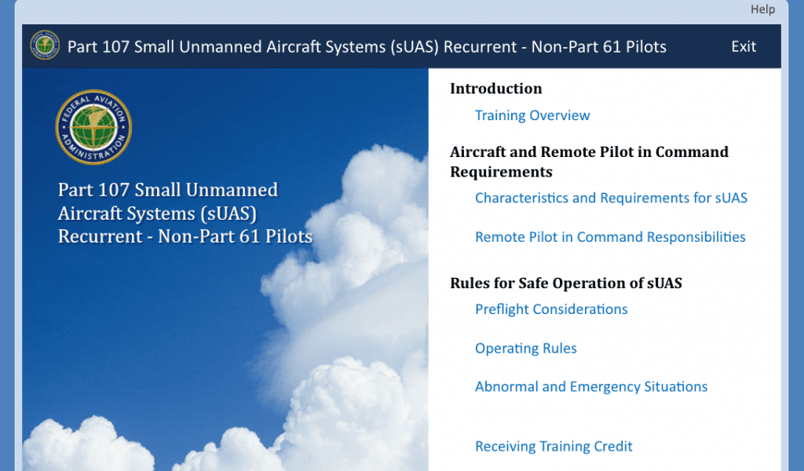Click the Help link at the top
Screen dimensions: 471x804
tap(762, 9)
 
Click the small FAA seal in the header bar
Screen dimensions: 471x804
tap(45, 46)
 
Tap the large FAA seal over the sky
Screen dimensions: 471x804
tap(93, 127)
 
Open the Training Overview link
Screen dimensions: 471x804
tap(532, 115)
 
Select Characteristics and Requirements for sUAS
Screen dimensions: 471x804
tap(611, 198)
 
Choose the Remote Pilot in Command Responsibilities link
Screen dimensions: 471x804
tap(610, 237)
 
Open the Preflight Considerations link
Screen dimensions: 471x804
tap(551, 309)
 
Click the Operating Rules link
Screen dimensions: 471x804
tap(526, 349)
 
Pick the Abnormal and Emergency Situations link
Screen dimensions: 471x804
tap(591, 387)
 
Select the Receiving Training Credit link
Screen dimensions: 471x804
tap(554, 447)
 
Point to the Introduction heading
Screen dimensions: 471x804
tap(496, 89)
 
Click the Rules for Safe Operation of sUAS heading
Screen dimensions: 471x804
tap(566, 283)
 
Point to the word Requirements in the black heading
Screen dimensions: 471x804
tap(501, 172)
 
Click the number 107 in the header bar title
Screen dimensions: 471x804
tap(115, 47)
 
